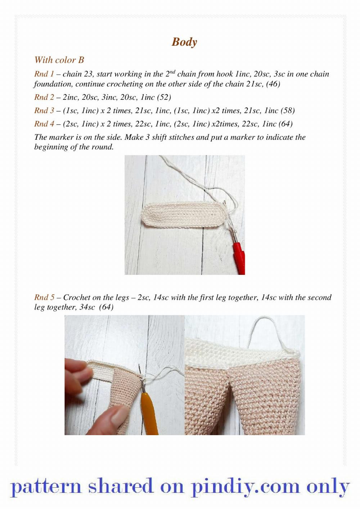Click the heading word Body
pyautogui.click(x=184, y=42)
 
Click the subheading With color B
pyautogui.click(x=59, y=60)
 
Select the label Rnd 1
pyautogui.click(x=44, y=74)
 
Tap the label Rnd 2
pyautogui.click(x=44, y=97)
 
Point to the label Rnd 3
pyautogui.click(x=44, y=110)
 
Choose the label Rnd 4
pyautogui.click(x=44, y=124)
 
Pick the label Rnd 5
pyautogui.click(x=44, y=297)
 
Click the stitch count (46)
pyautogui.click(x=273, y=84)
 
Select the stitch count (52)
pyautogui.click(x=164, y=97)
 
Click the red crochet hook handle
pyautogui.click(x=239, y=258)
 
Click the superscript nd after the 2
pyautogui.click(x=172, y=71)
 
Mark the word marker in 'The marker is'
pyautogui.click(x=59, y=137)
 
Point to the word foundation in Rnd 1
pyautogui.click(x=53, y=84)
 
